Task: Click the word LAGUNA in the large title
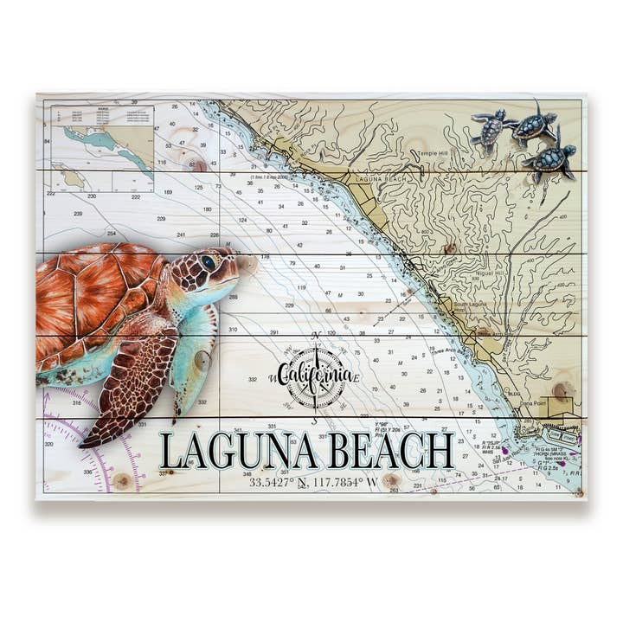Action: tap(229, 451)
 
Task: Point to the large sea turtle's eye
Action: tap(209, 263)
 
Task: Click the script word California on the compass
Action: tap(315, 375)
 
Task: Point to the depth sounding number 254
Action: tap(111, 234)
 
